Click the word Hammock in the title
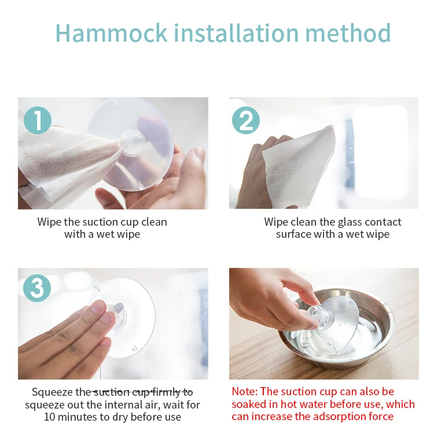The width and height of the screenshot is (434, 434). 111,33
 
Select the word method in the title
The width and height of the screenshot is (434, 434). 348,33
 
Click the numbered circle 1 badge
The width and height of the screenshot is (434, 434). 38,120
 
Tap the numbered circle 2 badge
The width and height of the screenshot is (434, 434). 246,120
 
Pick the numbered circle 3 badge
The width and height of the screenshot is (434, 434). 37,288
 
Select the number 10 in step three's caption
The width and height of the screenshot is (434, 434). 50,417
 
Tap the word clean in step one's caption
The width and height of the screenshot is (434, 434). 154,222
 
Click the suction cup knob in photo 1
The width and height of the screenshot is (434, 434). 133,141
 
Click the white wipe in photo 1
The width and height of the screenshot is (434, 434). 67,166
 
